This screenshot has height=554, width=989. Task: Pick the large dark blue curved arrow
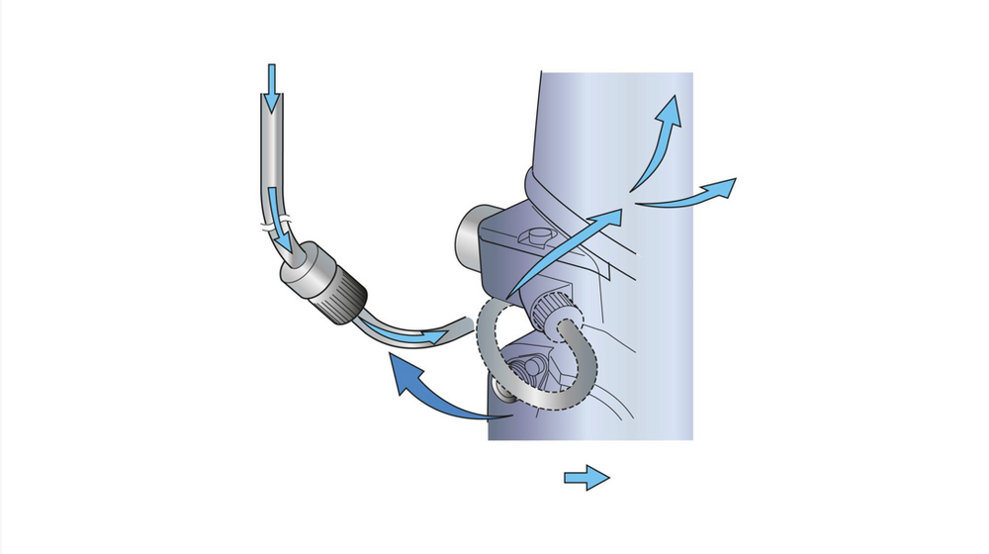click(x=435, y=392)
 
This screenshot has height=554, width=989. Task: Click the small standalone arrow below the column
click(x=586, y=479)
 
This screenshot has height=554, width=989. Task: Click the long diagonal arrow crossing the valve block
click(x=564, y=253)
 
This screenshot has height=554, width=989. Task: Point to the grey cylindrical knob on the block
click(x=469, y=237)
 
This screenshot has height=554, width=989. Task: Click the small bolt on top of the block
click(x=535, y=236)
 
